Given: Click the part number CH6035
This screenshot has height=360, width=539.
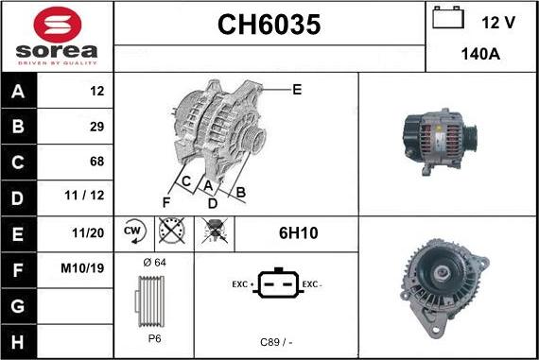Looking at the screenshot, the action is point(269,25).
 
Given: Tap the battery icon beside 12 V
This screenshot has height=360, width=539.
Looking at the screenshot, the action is point(448,18).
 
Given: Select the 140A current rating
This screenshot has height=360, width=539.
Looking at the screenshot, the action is point(480,54).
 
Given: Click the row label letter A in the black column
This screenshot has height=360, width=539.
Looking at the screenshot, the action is point(18,92).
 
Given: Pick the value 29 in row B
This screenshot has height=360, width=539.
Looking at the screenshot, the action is point(97,127).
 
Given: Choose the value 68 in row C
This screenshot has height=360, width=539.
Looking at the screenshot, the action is point(97,162).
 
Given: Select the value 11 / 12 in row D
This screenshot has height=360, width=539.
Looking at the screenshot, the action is point(84,196).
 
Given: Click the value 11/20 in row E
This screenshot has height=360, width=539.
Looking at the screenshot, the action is point(88,232).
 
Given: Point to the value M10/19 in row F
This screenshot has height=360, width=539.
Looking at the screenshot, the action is point(82,268).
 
